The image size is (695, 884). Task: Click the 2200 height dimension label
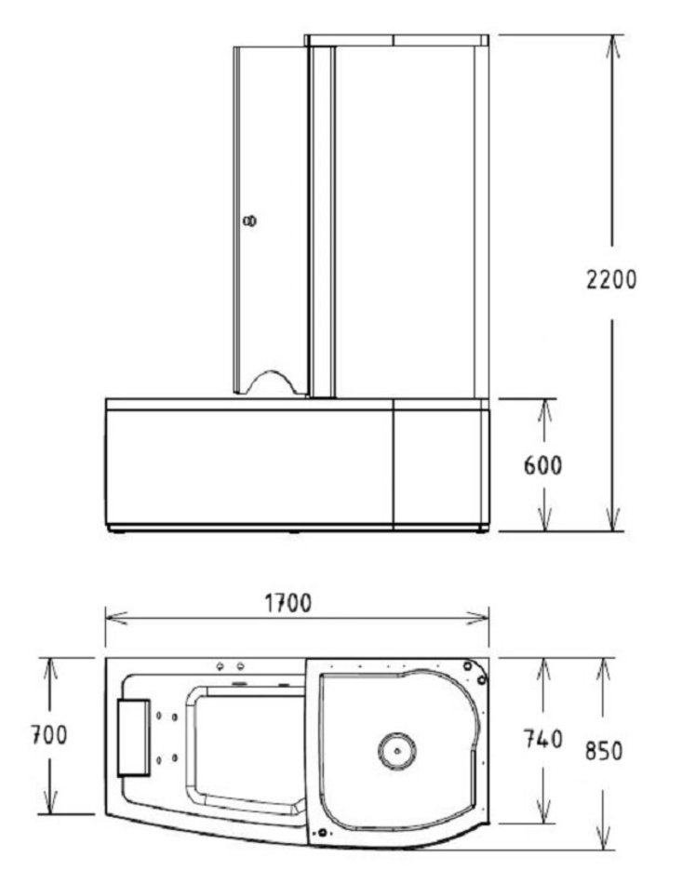(x=611, y=280)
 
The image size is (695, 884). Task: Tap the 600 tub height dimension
(x=542, y=465)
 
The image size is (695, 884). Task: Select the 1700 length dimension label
(x=288, y=603)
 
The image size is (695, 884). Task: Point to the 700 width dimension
(x=49, y=734)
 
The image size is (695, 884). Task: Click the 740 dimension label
(x=542, y=739)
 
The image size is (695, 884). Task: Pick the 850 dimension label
(x=604, y=750)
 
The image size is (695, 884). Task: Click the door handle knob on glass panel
(x=249, y=221)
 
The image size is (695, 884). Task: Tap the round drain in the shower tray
(x=397, y=751)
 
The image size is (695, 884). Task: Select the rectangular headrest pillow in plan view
(x=134, y=737)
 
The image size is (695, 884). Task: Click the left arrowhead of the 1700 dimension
(x=114, y=619)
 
